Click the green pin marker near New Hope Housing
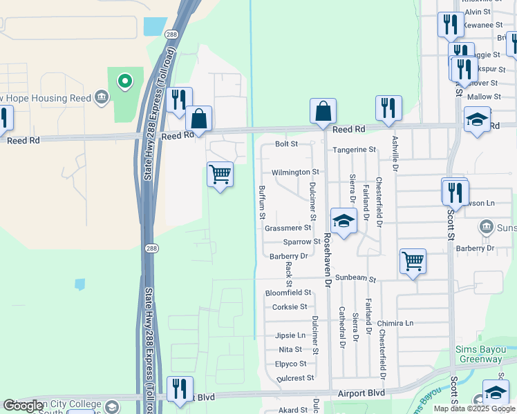[125, 81]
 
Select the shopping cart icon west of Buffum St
[220, 175]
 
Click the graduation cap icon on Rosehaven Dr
[343, 221]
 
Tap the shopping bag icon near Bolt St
[323, 111]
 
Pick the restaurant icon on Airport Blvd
[180, 389]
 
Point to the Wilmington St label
[295, 172]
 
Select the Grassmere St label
[288, 228]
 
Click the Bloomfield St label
[288, 293]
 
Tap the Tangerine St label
[354, 149]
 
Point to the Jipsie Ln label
[290, 335]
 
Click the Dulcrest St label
[295, 378]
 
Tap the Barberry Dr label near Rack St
[288, 256]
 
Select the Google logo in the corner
[23, 406]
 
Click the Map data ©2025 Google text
[474, 408]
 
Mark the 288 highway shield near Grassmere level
[149, 247]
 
